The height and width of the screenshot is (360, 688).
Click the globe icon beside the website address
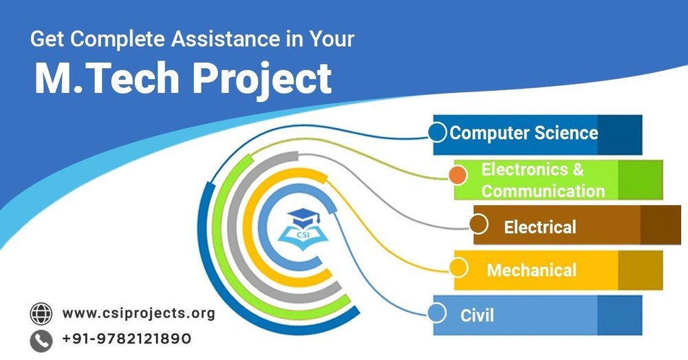click(41, 314)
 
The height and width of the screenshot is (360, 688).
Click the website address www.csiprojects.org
click(139, 313)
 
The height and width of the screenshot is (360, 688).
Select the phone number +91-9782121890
click(127, 339)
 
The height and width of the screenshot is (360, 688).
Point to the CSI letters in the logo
click(303, 234)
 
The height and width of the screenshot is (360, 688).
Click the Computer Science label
click(524, 133)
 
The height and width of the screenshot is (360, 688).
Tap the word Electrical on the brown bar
click(539, 227)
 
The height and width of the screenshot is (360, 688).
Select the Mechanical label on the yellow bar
click(531, 270)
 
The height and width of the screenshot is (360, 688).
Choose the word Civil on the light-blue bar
click(477, 315)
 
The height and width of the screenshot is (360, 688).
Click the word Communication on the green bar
click(544, 191)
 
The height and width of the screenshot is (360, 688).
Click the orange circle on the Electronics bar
click(458, 175)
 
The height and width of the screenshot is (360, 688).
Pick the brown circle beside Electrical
click(479, 224)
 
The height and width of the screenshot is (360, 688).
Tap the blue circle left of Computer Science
click(438, 133)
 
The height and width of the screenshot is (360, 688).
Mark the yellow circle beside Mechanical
click(458, 268)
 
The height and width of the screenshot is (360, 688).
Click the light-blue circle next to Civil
click(437, 313)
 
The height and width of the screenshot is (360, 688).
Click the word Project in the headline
click(262, 79)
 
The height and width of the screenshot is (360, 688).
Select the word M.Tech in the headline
click(107, 78)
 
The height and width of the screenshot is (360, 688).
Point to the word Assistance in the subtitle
click(225, 39)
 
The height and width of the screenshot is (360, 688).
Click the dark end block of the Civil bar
click(620, 315)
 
